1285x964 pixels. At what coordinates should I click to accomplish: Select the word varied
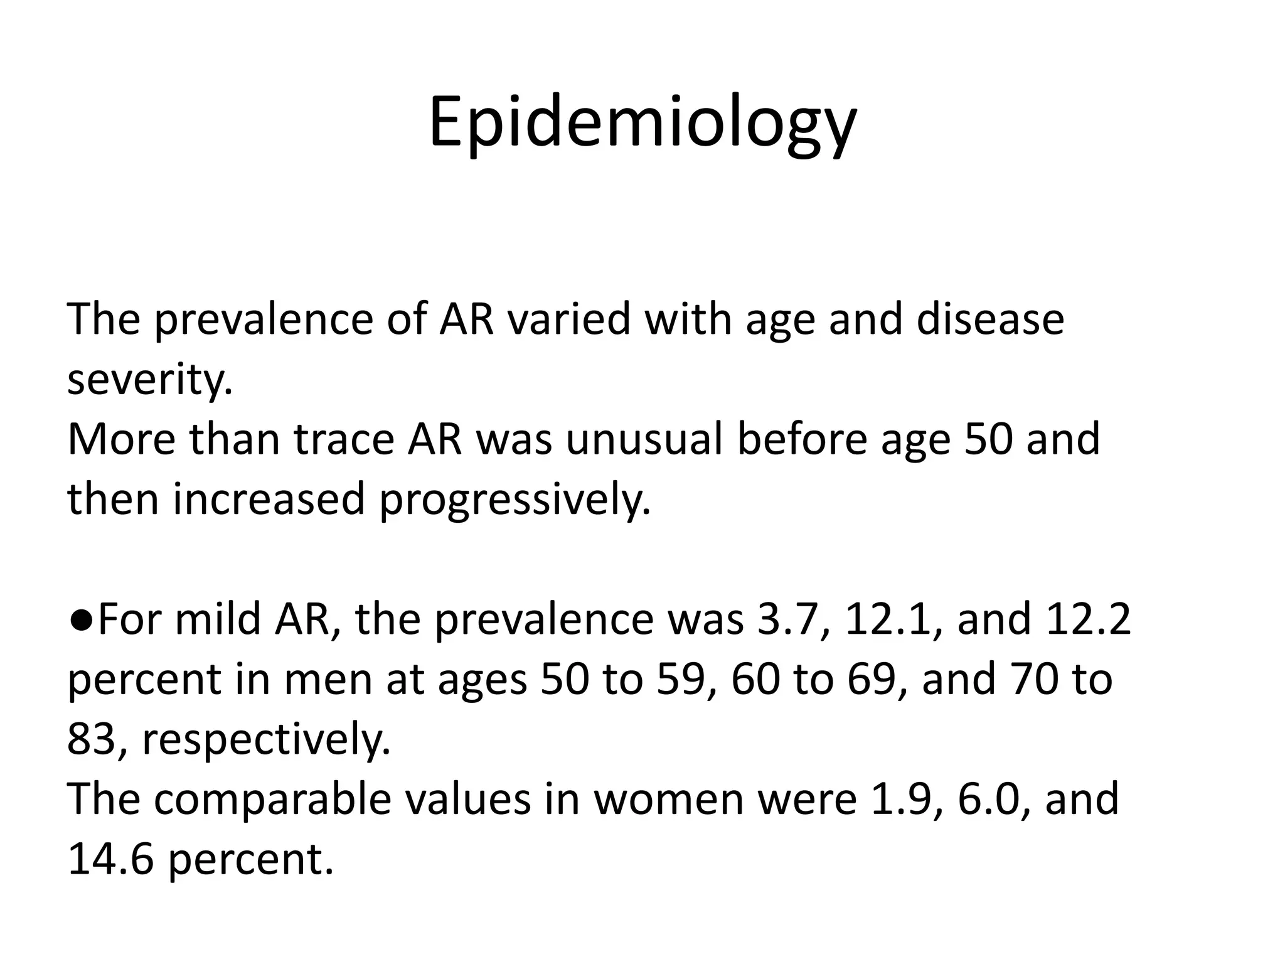pyautogui.click(x=568, y=319)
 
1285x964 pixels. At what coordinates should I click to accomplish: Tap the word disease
pyautogui.click(x=990, y=319)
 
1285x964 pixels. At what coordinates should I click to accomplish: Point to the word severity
pyautogui.click(x=149, y=379)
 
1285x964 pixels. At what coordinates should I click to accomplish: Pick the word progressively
pyautogui.click(x=515, y=500)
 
